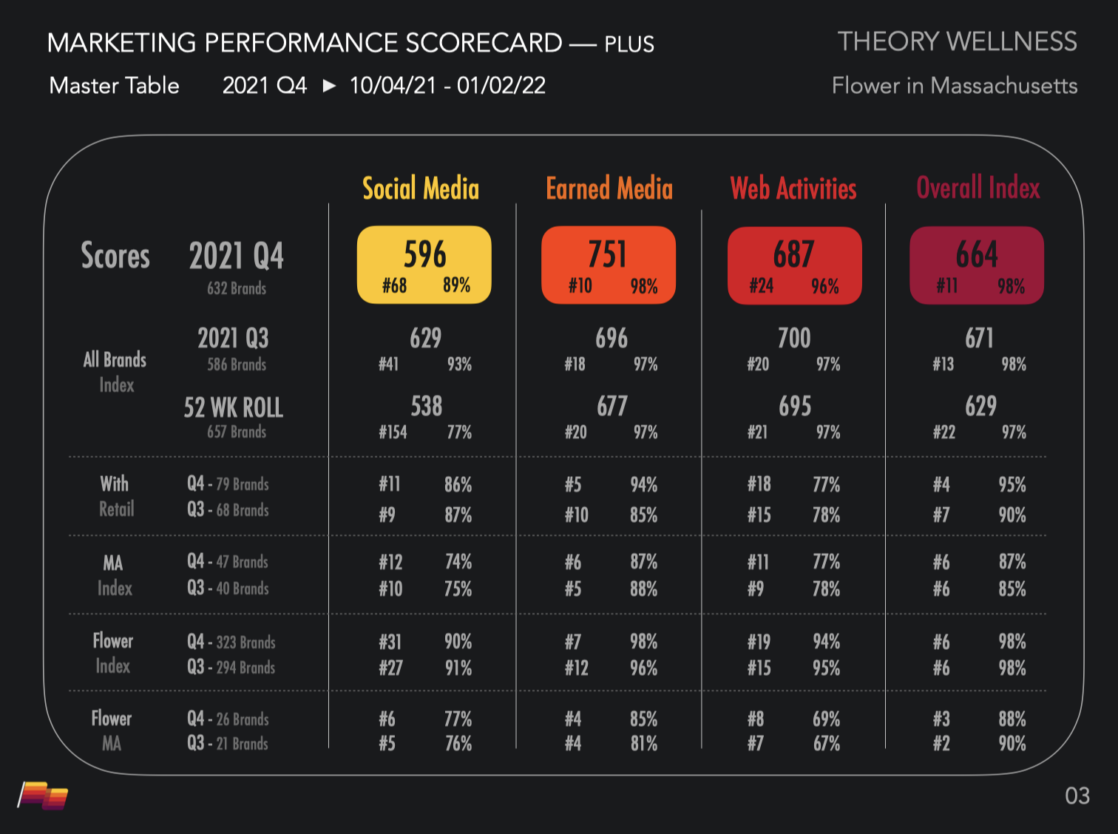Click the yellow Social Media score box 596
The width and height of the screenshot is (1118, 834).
[x=424, y=265]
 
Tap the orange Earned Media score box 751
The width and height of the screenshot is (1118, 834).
[x=609, y=265]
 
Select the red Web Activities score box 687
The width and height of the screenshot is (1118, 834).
[x=794, y=265]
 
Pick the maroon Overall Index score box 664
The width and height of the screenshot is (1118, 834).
[x=977, y=265]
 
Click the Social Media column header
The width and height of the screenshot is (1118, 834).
[x=421, y=189]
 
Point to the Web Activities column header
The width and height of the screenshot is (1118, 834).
[x=793, y=189]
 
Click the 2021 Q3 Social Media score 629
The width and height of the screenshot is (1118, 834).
[x=425, y=339]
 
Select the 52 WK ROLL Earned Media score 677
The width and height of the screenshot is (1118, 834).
[x=611, y=406]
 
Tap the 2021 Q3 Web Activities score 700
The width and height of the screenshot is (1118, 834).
[x=794, y=339]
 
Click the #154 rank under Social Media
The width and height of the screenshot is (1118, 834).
[x=393, y=433]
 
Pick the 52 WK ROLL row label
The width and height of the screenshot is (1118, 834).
[x=234, y=407]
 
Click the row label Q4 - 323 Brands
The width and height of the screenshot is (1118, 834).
[x=231, y=642]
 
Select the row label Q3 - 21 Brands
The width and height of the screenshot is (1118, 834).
[x=228, y=743]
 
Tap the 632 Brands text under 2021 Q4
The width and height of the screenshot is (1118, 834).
[x=237, y=288]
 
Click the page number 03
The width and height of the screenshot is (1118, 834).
[x=1077, y=796]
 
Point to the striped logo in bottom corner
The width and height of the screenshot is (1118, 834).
[x=43, y=796]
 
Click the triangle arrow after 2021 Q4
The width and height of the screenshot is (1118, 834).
[x=329, y=86]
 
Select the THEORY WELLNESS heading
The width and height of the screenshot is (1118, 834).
[x=957, y=41]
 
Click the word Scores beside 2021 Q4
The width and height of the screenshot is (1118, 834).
[x=115, y=256]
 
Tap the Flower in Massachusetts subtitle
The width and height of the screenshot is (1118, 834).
[x=954, y=86]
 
